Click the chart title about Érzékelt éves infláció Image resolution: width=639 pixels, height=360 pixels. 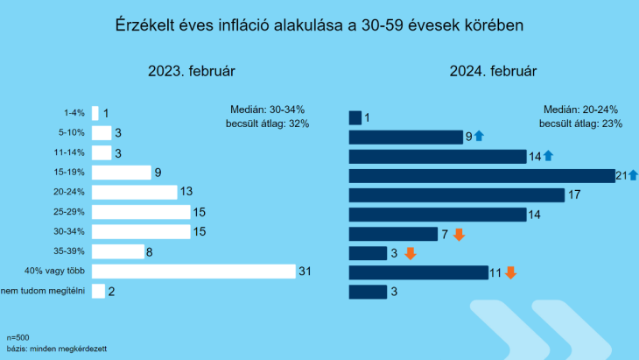pyautogui.click(x=319, y=25)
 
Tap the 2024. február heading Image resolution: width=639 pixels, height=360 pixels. pyautogui.click(x=493, y=70)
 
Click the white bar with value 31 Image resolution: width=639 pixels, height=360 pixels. pyautogui.click(x=193, y=272)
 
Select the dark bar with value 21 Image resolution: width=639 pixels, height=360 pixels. pyautogui.click(x=481, y=175)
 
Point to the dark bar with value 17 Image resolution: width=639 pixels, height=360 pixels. pyautogui.click(x=456, y=194)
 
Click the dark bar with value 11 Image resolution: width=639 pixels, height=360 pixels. pyautogui.click(x=418, y=272)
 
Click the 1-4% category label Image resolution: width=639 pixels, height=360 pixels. pyautogui.click(x=74, y=113)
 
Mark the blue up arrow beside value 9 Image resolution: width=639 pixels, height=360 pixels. pyautogui.click(x=479, y=136)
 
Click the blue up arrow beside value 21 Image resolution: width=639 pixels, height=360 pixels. pyautogui.click(x=633, y=175)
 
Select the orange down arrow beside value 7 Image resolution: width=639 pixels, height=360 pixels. pyautogui.click(x=458, y=234)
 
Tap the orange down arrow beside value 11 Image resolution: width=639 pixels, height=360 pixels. pyautogui.click(x=510, y=272)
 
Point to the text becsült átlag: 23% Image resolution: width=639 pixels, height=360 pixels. pyautogui.click(x=581, y=124)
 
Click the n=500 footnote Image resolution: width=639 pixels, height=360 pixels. pyautogui.click(x=18, y=337)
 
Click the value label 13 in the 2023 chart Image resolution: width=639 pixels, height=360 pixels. pyautogui.click(x=186, y=192)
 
